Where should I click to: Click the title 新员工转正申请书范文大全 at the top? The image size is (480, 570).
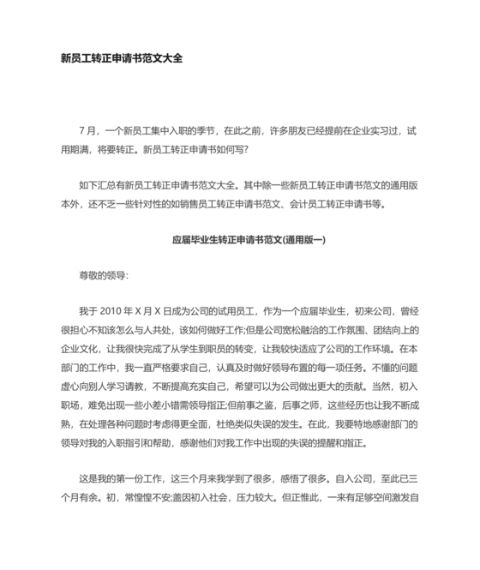click(122, 59)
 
